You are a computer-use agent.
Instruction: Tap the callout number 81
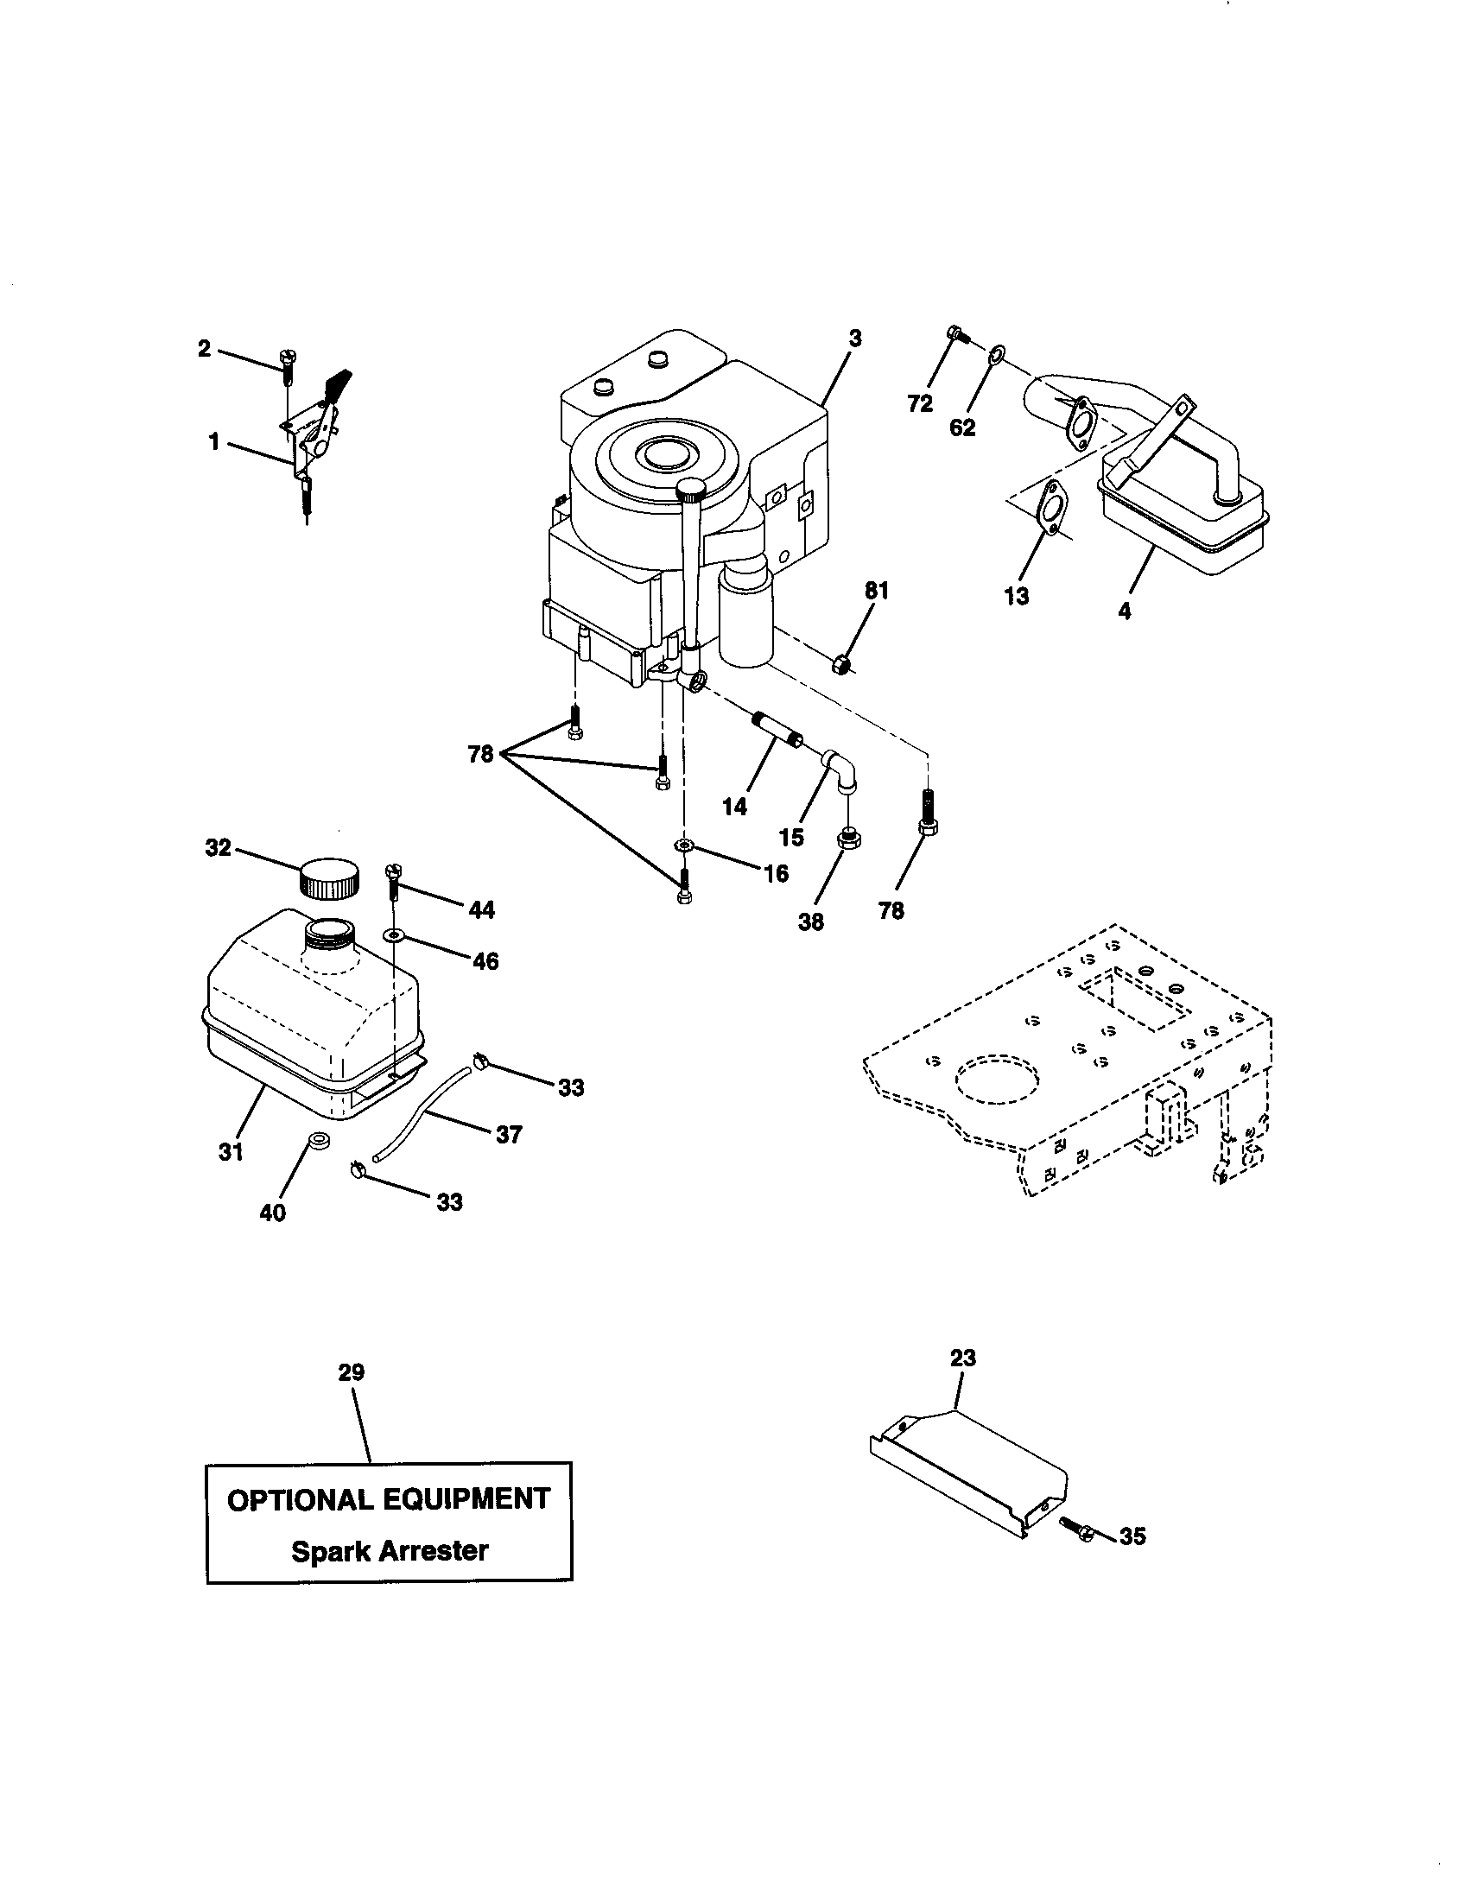click(876, 591)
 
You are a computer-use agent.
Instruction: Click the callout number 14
click(734, 807)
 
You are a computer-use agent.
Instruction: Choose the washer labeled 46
click(392, 935)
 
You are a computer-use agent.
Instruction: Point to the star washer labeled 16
click(685, 845)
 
